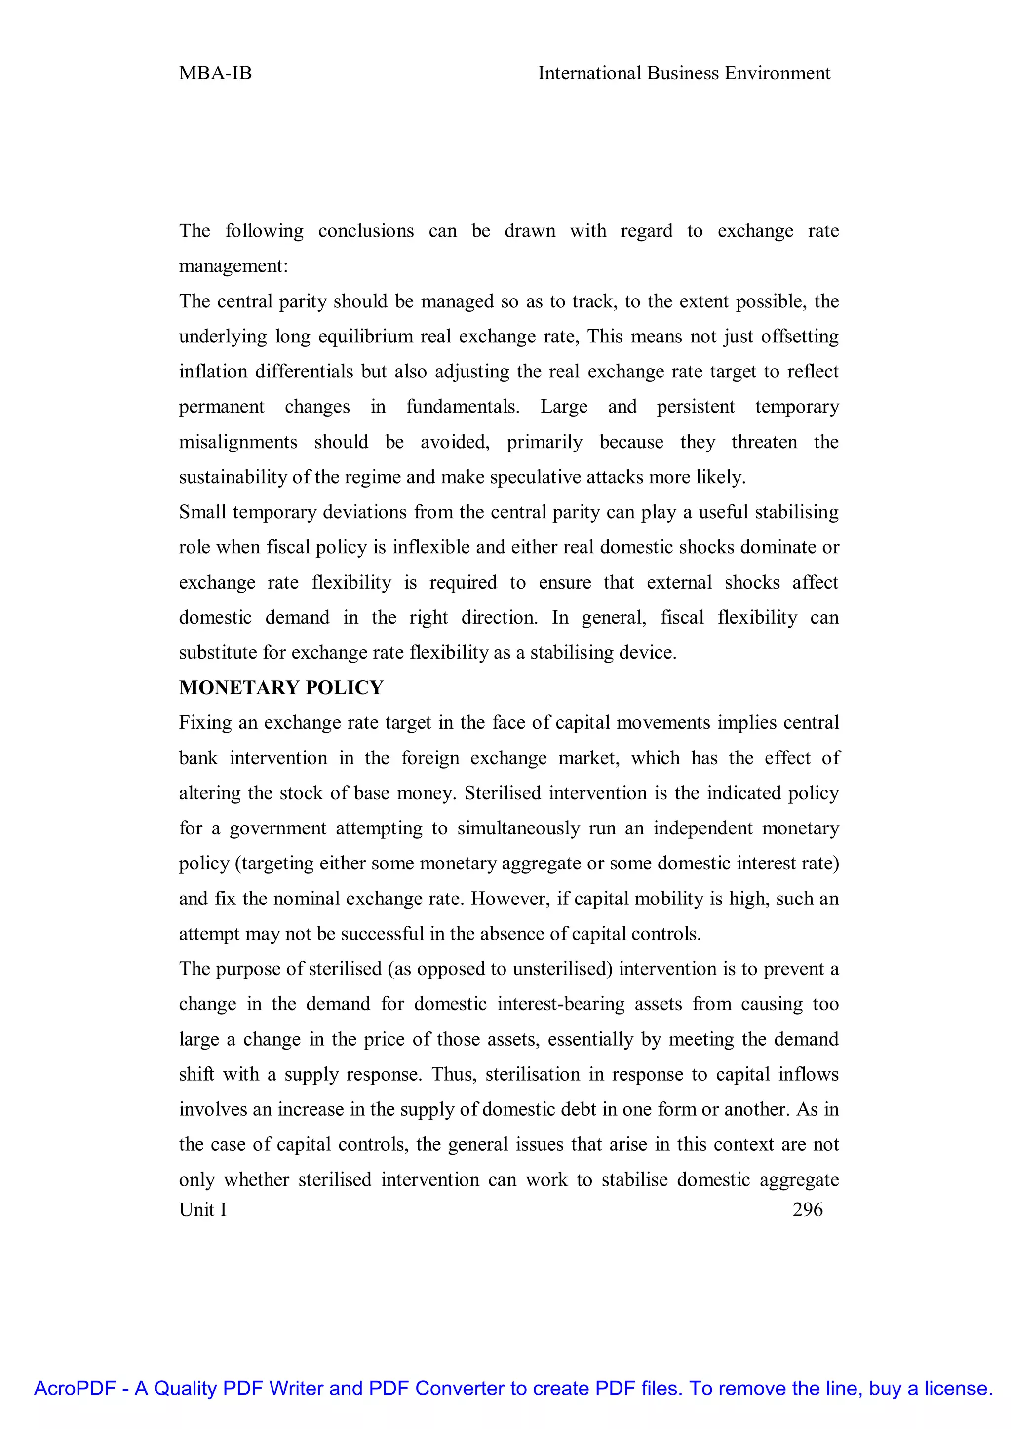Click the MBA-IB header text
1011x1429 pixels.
[x=215, y=74]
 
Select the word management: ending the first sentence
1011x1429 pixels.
[x=233, y=266]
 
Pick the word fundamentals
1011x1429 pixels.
[x=463, y=407]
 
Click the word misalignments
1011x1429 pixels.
[x=238, y=442]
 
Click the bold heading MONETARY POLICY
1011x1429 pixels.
[x=281, y=688]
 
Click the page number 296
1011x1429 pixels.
[x=808, y=1209]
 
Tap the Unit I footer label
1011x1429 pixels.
[x=203, y=1209]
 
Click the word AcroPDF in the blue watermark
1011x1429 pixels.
[x=75, y=1389]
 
